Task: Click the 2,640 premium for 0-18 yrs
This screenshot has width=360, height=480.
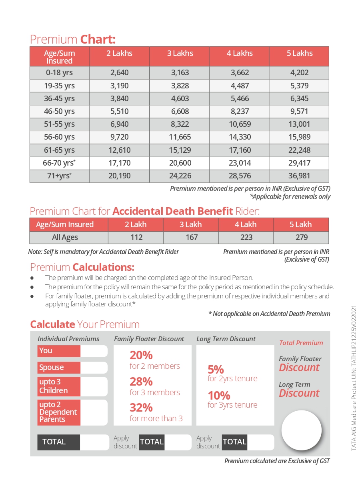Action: click(x=119, y=73)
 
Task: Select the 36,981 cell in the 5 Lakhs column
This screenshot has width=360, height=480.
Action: click(x=299, y=176)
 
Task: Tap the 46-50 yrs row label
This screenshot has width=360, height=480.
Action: click(x=60, y=111)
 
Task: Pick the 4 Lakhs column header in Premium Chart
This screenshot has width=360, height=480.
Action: click(x=240, y=53)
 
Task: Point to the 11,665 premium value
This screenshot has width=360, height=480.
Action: click(x=180, y=137)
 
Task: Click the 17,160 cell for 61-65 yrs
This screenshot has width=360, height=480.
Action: click(x=240, y=150)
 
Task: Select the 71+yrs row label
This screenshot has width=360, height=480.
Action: click(x=60, y=176)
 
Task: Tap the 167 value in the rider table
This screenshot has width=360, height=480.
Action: click(x=191, y=237)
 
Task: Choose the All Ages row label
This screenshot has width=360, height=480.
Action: click(x=65, y=237)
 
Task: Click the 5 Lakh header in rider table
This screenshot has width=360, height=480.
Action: click(x=301, y=224)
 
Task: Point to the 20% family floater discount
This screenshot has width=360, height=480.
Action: click(x=141, y=355)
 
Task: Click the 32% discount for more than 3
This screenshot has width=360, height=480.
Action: click(x=141, y=408)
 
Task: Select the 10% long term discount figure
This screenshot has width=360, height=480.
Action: click(x=219, y=396)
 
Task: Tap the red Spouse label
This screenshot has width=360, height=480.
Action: click(x=59, y=367)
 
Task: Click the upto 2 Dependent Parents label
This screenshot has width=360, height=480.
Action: click(x=59, y=412)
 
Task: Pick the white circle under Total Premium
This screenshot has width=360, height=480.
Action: click(x=302, y=430)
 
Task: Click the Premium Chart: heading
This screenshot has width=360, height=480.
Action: click(x=73, y=40)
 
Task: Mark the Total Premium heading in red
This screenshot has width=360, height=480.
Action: click(x=301, y=343)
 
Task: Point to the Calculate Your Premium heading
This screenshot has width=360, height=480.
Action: click(x=85, y=324)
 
